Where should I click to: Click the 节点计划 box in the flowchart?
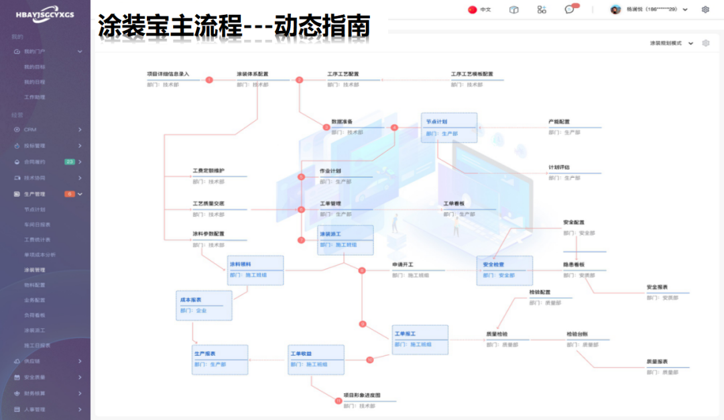pyautogui.click(x=448, y=127)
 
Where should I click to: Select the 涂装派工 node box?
pyautogui.click(x=345, y=240)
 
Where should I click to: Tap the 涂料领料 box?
pyautogui.click(x=255, y=270)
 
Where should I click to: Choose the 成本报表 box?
pyautogui.click(x=204, y=305)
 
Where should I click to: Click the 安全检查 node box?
pyautogui.click(x=504, y=270)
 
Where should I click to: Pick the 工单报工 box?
pyautogui.click(x=420, y=339)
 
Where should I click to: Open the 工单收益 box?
pyautogui.click(x=316, y=359)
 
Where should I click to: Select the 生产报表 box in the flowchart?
pyautogui.click(x=220, y=359)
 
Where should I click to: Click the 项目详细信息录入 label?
pyautogui.click(x=168, y=74)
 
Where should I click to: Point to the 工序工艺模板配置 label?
pyautogui.click(x=472, y=74)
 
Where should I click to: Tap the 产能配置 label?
pyautogui.click(x=559, y=122)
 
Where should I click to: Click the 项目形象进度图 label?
pyautogui.click(x=362, y=396)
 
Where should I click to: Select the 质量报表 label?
pyautogui.click(x=657, y=361)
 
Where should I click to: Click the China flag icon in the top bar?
pyautogui.click(x=472, y=9)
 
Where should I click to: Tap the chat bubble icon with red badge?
pyautogui.click(x=570, y=9)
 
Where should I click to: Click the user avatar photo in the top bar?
pyautogui.click(x=615, y=9)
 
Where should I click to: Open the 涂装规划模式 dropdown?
pyautogui.click(x=671, y=43)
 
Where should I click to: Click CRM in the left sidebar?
pyautogui.click(x=30, y=129)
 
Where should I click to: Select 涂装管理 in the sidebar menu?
pyautogui.click(x=35, y=270)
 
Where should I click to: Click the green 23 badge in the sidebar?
pyautogui.click(x=69, y=162)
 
